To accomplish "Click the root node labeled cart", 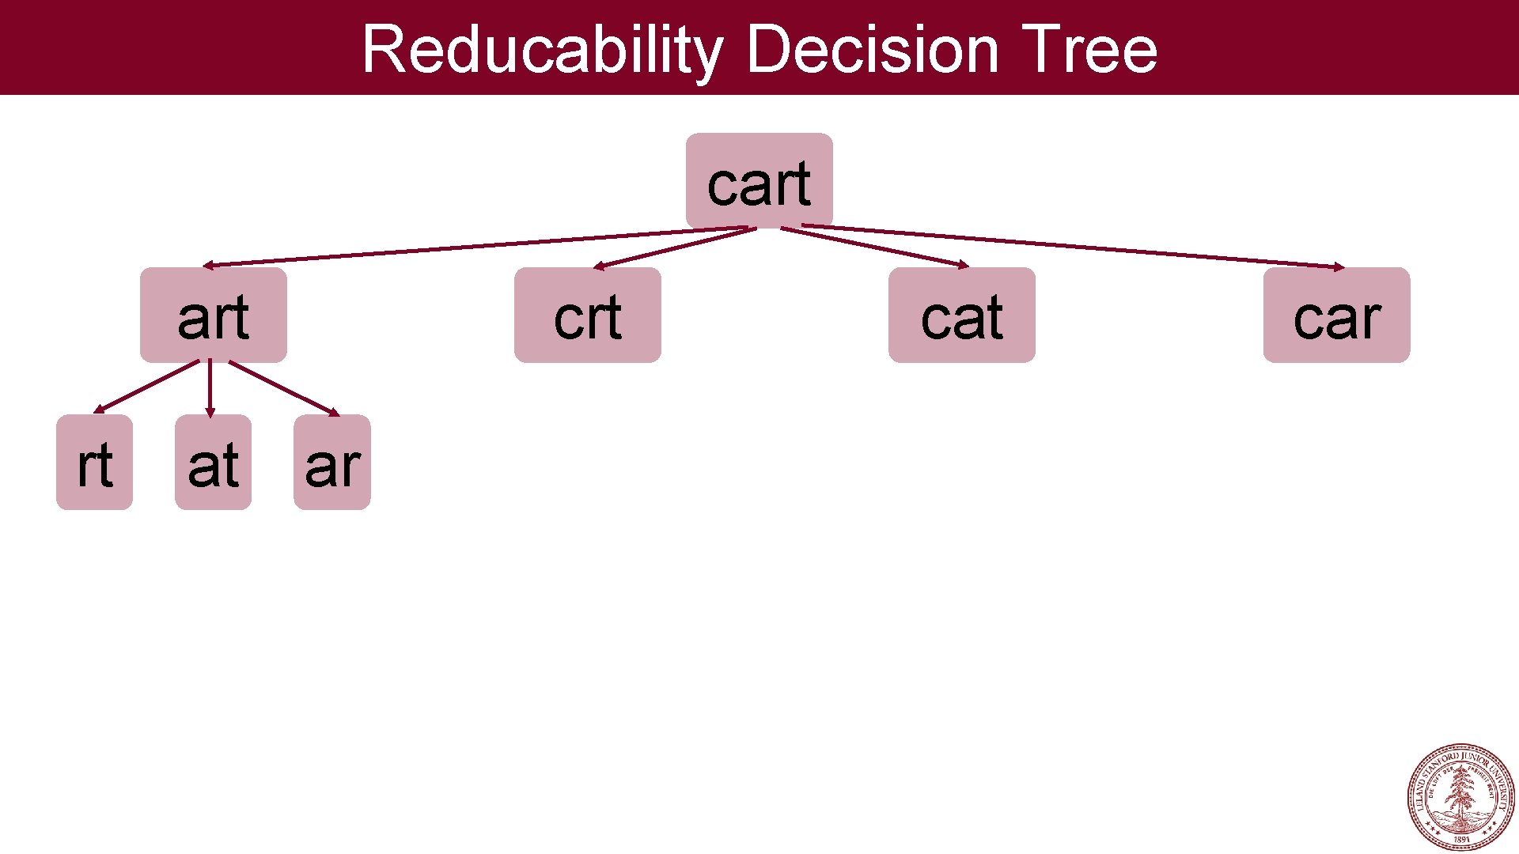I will click(x=759, y=181).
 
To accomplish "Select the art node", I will click(x=213, y=315).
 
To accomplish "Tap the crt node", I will click(x=587, y=315).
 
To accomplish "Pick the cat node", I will click(x=961, y=315).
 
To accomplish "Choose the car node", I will click(x=1336, y=315).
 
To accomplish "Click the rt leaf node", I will click(x=94, y=463).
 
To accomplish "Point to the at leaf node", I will click(x=213, y=463).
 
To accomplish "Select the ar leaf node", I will click(x=331, y=463).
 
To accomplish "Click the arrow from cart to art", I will click(x=475, y=247).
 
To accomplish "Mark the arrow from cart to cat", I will click(x=874, y=247).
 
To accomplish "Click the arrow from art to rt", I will click(x=146, y=387).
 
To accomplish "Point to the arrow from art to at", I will click(x=210, y=387).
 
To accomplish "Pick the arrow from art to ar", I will click(x=283, y=387).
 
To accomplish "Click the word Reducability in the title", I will click(x=542, y=49).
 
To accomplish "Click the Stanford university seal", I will click(x=1460, y=796).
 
